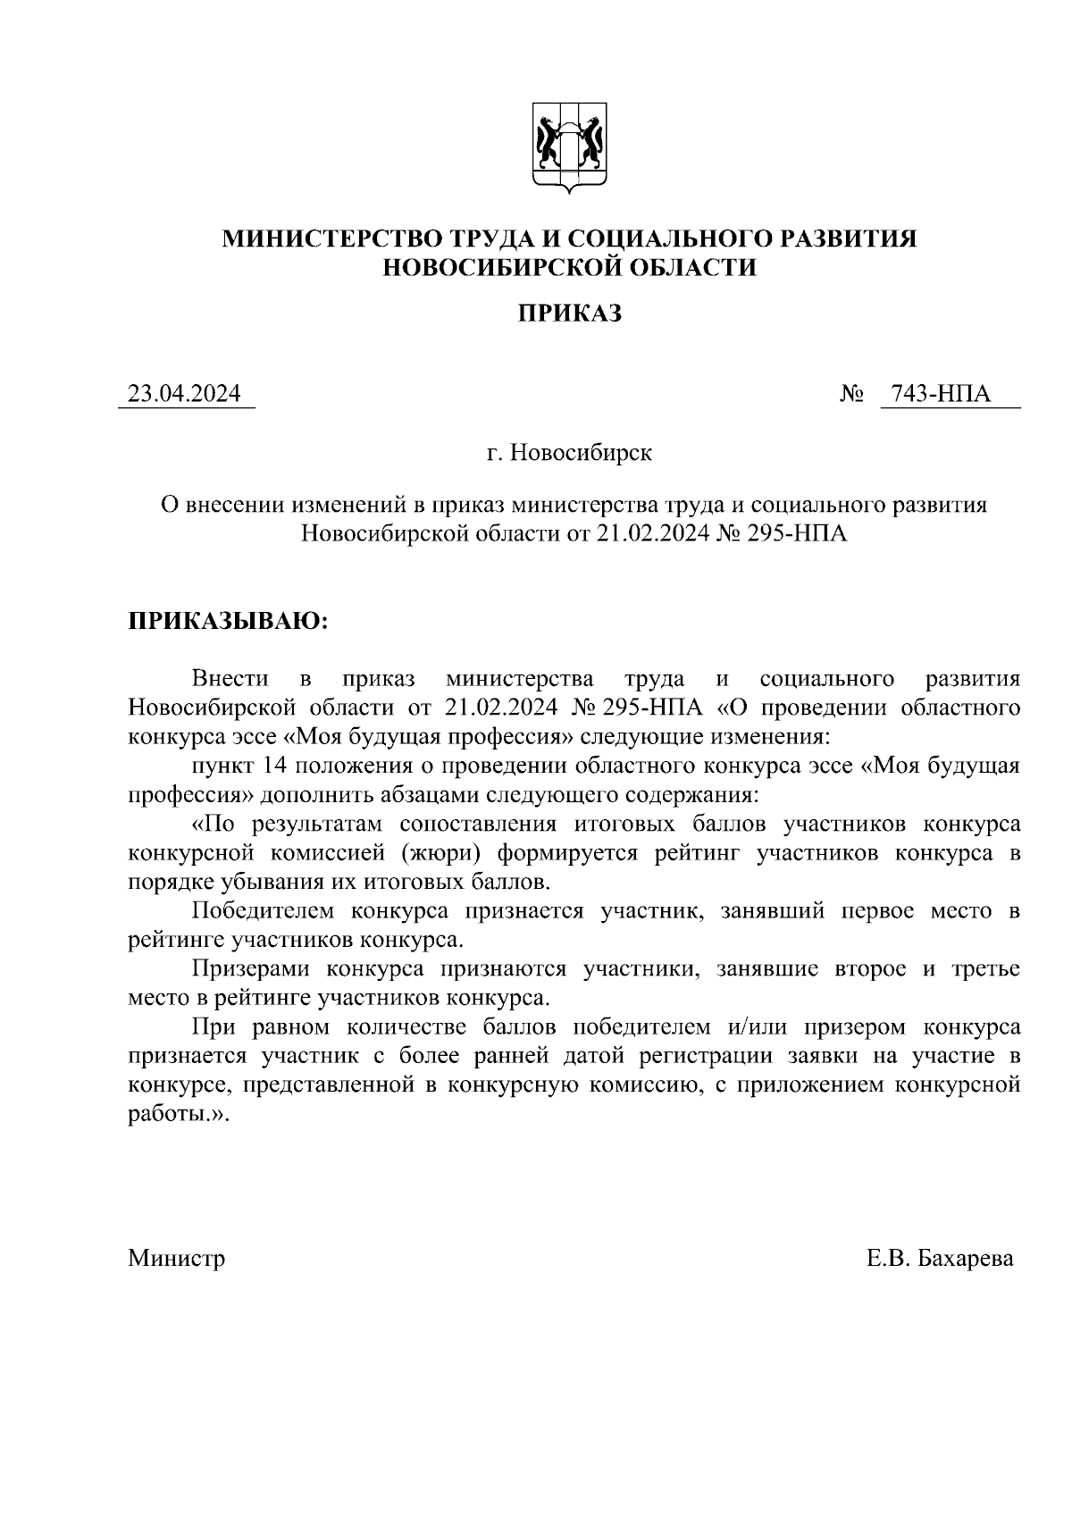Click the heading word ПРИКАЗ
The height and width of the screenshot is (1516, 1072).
coord(570,314)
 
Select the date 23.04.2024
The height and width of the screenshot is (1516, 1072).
coord(185,394)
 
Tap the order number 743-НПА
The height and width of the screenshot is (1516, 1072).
coord(941,394)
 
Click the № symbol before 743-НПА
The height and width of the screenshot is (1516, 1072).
coord(850,394)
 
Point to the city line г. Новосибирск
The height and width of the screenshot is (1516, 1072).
coord(570,453)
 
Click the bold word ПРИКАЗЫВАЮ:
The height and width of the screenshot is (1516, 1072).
coord(229,621)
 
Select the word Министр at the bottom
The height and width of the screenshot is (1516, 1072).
coord(176,1259)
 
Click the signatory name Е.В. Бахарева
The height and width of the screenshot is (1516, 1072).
coord(940,1259)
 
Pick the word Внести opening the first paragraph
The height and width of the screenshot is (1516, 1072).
coord(230,679)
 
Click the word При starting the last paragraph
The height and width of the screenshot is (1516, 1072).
coord(214,1026)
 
